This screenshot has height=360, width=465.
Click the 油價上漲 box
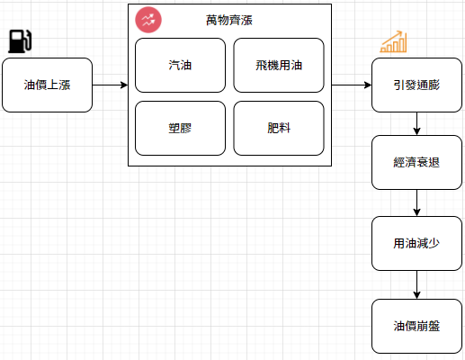pos(47,85)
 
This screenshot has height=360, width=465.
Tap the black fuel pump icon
pos(20,41)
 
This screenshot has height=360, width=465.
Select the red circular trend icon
pos(148,20)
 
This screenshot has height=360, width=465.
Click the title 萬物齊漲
pos(229,21)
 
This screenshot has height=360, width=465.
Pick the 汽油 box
pos(180,65)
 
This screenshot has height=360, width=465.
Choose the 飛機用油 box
pos(279,65)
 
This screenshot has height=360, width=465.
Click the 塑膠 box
pos(180,128)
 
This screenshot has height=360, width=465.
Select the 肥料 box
pos(279,128)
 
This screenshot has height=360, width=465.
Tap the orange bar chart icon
pos(393,41)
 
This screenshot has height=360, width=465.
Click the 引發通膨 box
pos(416,85)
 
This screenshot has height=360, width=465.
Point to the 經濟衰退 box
pos(416,162)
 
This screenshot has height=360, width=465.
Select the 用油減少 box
pos(416,243)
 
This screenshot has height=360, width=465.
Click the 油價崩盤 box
pos(416,326)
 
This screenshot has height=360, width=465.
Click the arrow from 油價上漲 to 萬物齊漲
pos(110,85)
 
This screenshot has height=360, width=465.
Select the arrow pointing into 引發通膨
pos(352,85)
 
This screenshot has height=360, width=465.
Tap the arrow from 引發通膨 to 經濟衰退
pos(416,123)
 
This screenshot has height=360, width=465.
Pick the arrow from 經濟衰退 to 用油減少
pos(416,202)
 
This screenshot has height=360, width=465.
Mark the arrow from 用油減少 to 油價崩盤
pos(416,284)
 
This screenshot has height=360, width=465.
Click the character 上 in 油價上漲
pos(53,85)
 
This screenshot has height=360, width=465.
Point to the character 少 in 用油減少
pos(434,243)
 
